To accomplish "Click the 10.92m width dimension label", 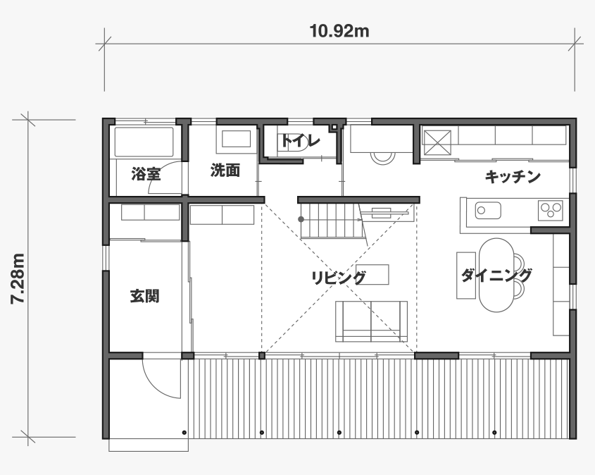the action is click(x=339, y=31).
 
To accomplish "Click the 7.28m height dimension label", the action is click(x=18, y=278).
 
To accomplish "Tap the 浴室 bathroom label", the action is click(x=146, y=174).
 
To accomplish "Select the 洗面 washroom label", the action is click(x=225, y=171).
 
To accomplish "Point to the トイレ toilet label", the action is click(x=301, y=141).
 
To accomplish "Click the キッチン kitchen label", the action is click(x=513, y=177).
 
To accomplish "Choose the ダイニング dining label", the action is click(x=496, y=275).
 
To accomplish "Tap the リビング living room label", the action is click(x=339, y=278).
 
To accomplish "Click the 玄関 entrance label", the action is click(x=144, y=296).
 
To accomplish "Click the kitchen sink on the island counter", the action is click(x=488, y=210).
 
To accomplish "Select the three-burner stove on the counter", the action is click(x=551, y=210).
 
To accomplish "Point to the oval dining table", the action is click(x=496, y=275).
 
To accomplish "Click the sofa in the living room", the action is click(x=372, y=321).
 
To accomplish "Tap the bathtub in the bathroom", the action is click(x=144, y=142).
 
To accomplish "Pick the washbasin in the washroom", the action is click(x=236, y=139).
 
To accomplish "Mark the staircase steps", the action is click(x=332, y=221).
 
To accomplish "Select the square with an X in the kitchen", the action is click(x=437, y=143).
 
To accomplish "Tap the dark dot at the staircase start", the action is click(x=301, y=219).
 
